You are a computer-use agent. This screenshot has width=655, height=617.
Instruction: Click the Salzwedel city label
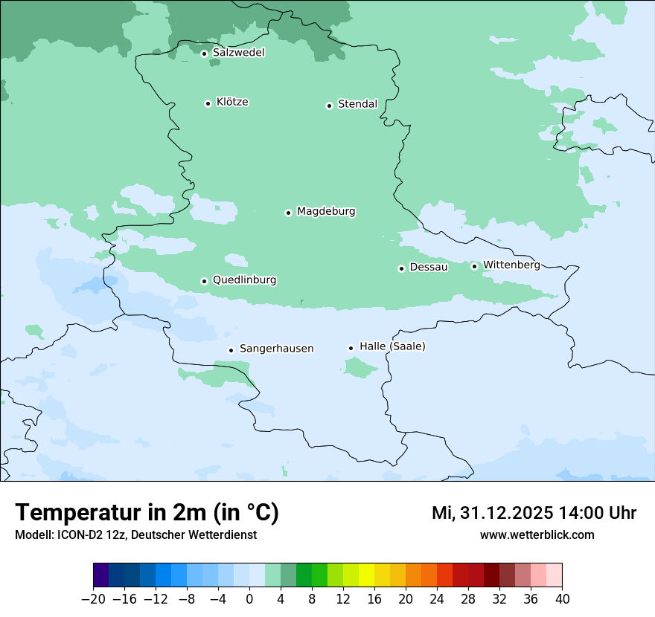[x=238, y=53]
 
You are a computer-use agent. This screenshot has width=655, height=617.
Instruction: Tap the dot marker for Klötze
[x=208, y=103]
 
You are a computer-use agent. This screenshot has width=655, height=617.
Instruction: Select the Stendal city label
[x=357, y=104]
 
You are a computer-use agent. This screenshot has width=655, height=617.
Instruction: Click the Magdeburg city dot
[x=288, y=213]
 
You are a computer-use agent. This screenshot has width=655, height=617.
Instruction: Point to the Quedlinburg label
[x=244, y=280]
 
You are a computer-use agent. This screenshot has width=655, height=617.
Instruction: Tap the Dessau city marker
[x=401, y=268]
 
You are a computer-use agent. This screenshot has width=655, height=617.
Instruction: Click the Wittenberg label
[x=511, y=265]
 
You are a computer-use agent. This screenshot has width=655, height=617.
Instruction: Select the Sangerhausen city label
[x=276, y=349]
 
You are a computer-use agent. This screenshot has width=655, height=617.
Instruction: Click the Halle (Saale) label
[x=392, y=346]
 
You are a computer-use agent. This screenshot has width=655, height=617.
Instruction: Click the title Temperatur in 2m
[x=147, y=513]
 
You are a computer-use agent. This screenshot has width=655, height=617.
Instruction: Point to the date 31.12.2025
[x=506, y=513]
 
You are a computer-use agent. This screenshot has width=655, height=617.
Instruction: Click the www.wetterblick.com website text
[x=537, y=534]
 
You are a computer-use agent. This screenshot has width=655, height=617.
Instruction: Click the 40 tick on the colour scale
[x=562, y=599]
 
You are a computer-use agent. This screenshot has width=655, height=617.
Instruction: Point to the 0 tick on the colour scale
[x=249, y=599]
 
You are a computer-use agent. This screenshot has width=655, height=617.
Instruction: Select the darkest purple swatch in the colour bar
[x=101, y=575]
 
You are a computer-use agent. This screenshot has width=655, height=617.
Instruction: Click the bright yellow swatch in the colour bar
[x=366, y=575]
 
